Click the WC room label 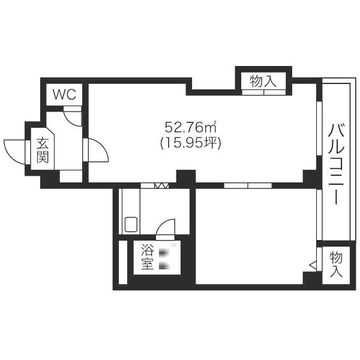[x=65, y=94]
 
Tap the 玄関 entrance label [x=43, y=150]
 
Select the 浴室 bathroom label [x=147, y=257]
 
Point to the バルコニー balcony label [x=336, y=164]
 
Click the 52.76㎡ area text [x=191, y=127]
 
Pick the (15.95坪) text [x=191, y=143]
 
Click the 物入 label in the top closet [x=263, y=81]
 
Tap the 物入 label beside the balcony [x=336, y=264]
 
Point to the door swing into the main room [x=102, y=147]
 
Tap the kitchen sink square [x=131, y=224]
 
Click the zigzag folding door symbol [x=161, y=185]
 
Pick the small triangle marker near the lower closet [x=313, y=266]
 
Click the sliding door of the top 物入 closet [x=264, y=92]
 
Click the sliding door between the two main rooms [x=248, y=185]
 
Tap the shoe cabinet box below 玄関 [x=71, y=176]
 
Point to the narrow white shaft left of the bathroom [x=123, y=262]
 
